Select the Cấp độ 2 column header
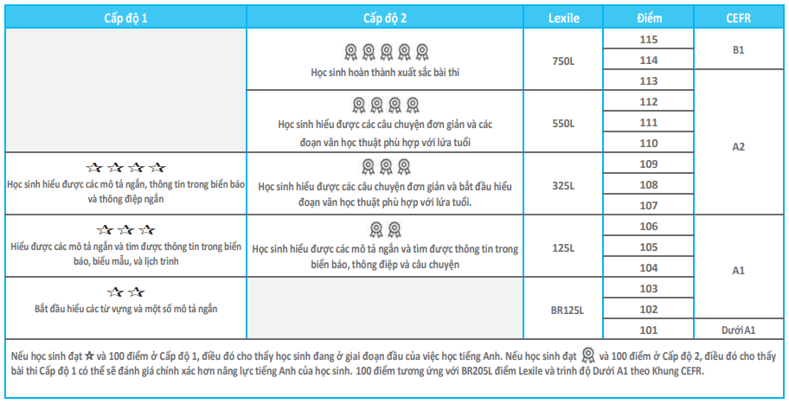pyautogui.click(x=385, y=17)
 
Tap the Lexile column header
pyautogui.click(x=563, y=17)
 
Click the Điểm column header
pyautogui.click(x=648, y=17)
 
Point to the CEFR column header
pyautogui.click(x=738, y=17)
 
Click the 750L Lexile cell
pyautogui.click(x=563, y=61)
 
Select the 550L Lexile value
pyautogui.click(x=563, y=123)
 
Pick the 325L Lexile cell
pyautogui.click(x=563, y=184)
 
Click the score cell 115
pyautogui.click(x=648, y=40)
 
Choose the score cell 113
pyautogui.click(x=648, y=81)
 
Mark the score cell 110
pyautogui.click(x=648, y=144)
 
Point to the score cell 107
pyautogui.click(x=648, y=206)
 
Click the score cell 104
pyautogui.click(x=648, y=268)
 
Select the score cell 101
pyautogui.click(x=648, y=330)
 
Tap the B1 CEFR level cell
pyautogui.click(x=738, y=50)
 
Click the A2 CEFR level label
pyautogui.click(x=738, y=146)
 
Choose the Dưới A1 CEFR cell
pyautogui.click(x=738, y=330)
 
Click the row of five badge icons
pyautogui.click(x=385, y=51)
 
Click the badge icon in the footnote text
pyautogui.click(x=589, y=355)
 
